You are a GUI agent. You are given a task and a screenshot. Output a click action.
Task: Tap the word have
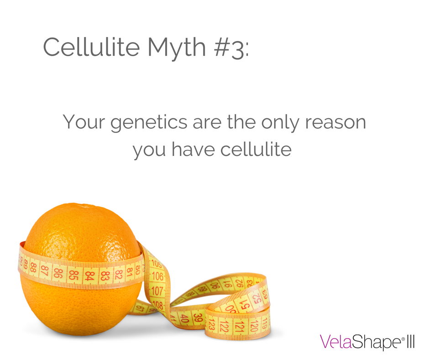click(x=192, y=149)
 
